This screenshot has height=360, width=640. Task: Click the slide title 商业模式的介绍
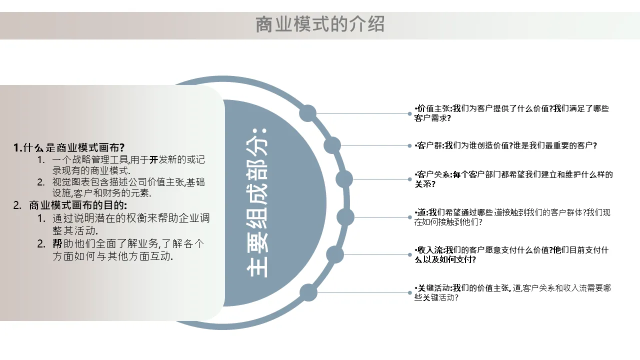pos(320,24)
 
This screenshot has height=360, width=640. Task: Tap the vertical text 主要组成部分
pos(257,203)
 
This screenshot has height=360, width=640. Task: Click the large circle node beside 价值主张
pos(307,113)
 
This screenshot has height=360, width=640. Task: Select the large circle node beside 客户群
pos(332,145)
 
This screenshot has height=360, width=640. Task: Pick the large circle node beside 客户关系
pos(344,179)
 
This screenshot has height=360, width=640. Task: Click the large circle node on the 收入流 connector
pos(335,254)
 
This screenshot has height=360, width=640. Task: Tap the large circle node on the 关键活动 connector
pos(308,292)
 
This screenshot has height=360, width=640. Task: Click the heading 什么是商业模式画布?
pos(73,147)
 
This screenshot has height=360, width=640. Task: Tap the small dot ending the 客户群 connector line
pos(409,145)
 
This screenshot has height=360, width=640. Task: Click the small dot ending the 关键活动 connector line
pos(409,292)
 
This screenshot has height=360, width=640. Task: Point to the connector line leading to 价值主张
pos(363,113)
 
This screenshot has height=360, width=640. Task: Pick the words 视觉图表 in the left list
pos(71,182)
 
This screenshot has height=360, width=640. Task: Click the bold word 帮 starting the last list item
pos(57,243)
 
